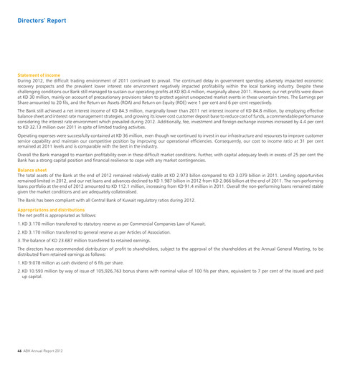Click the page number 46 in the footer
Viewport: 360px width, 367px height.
click(x=20, y=350)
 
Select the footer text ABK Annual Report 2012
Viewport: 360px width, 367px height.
click(x=46, y=350)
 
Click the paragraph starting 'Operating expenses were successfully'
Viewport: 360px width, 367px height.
click(x=179, y=158)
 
